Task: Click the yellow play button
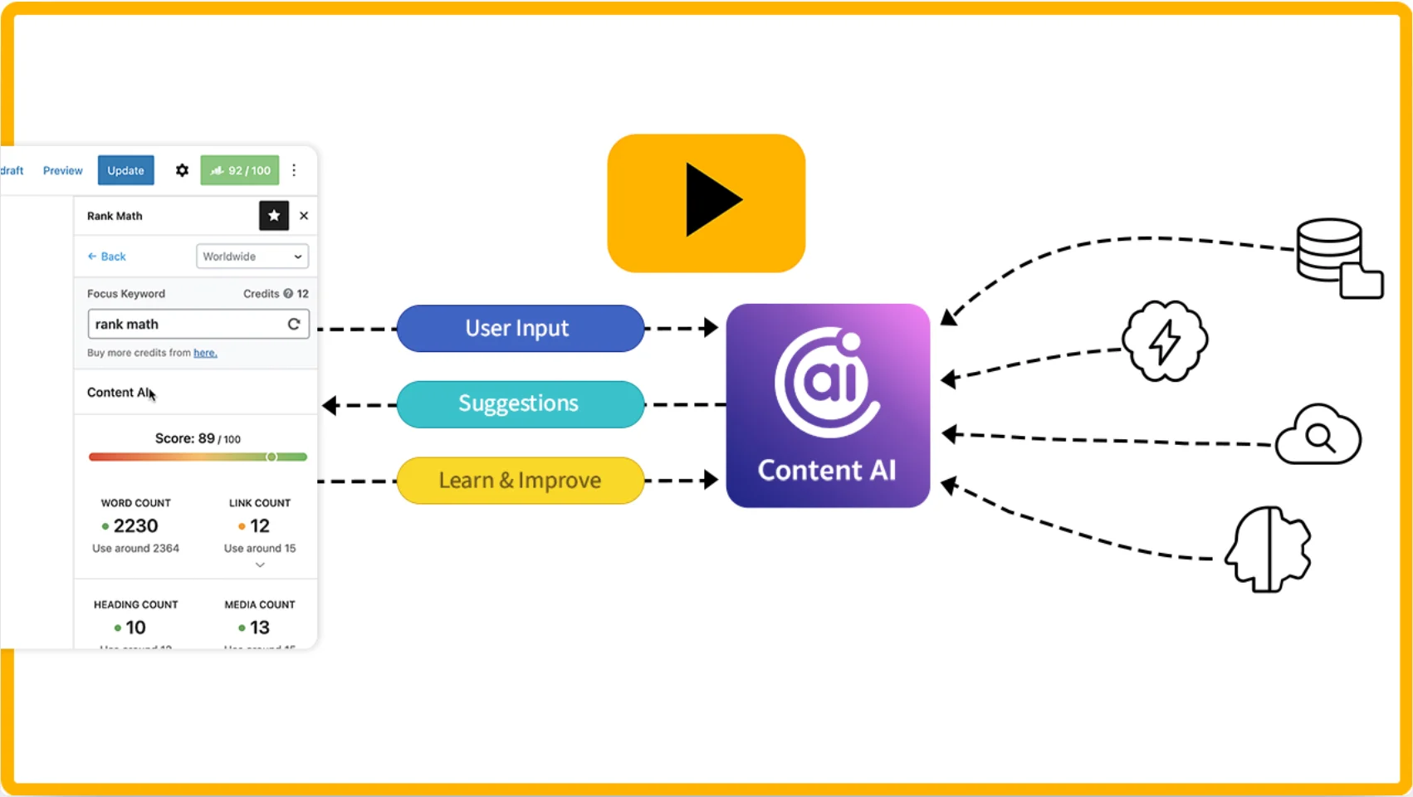(x=706, y=203)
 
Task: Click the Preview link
(x=63, y=170)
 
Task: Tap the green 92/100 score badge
(x=240, y=170)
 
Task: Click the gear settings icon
(x=182, y=170)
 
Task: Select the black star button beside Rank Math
(x=274, y=216)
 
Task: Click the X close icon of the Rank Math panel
(x=304, y=216)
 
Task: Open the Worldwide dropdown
(x=252, y=257)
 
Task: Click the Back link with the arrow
(x=107, y=257)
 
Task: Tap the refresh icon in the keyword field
(x=294, y=324)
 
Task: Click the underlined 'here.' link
(x=205, y=353)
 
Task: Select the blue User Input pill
(x=520, y=329)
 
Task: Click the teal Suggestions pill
(x=520, y=404)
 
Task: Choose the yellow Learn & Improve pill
(x=520, y=481)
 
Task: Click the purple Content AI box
(x=828, y=405)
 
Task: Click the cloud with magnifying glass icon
(x=1318, y=436)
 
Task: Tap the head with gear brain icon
(x=1268, y=549)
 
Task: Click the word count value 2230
(x=135, y=526)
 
